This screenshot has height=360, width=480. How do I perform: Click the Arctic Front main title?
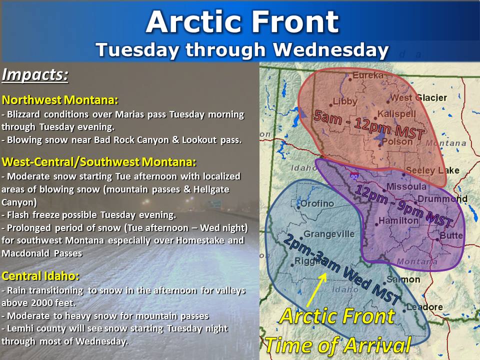tap(242, 22)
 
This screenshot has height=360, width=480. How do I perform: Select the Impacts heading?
tap(35, 74)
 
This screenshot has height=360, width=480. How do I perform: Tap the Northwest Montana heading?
tap(60, 100)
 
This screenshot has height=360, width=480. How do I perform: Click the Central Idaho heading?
tap(40, 276)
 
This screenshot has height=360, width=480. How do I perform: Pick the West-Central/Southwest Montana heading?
tap(98, 161)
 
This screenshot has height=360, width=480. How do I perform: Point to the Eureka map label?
tap(368, 75)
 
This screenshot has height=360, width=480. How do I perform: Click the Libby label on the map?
tap(345, 101)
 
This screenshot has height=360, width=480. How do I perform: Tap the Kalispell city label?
tap(396, 114)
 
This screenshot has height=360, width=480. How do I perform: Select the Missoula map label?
tap(406, 186)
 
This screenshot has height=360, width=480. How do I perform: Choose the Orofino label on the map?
tap(317, 203)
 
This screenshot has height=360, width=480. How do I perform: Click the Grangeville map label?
tap(329, 234)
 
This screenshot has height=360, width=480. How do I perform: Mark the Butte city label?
tap(451, 235)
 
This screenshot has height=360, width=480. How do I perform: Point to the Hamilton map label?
tap(398, 220)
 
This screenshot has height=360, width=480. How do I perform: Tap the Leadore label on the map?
tap(424, 306)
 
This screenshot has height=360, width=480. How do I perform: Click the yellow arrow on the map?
tap(316, 289)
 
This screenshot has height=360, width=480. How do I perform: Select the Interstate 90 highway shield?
tap(354, 176)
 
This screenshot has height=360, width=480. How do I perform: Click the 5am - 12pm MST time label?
tap(369, 125)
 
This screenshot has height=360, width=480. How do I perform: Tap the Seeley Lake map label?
tap(432, 171)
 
